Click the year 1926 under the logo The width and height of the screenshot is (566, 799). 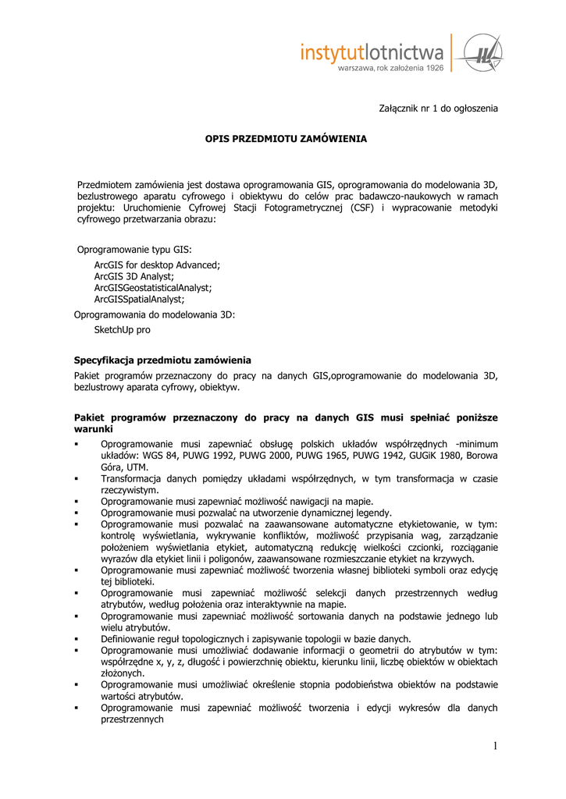(431, 69)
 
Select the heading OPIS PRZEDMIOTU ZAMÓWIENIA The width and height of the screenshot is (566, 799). (286, 138)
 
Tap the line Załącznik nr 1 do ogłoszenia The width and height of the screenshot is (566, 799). (438, 108)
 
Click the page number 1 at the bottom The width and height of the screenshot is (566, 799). (494, 747)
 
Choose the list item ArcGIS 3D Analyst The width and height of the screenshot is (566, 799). (134, 276)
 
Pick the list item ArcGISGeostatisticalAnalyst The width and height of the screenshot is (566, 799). (153, 287)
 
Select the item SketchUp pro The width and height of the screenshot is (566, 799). (123, 329)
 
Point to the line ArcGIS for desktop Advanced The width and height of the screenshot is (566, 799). (157, 265)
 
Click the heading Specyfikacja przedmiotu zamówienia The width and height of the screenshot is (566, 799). (162, 360)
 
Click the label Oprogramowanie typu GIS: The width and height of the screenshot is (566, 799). (133, 250)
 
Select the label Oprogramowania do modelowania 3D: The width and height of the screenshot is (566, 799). (154, 314)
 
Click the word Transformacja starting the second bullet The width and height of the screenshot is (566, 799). (131, 478)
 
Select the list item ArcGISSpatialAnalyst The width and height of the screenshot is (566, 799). (139, 299)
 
